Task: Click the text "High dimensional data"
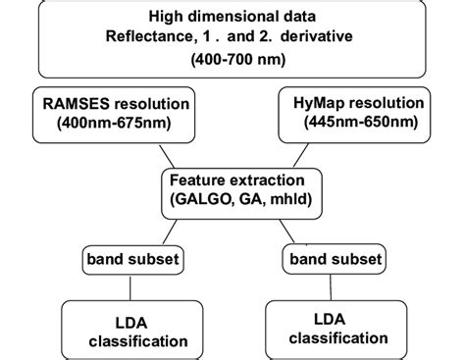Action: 232,17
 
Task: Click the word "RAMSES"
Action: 69,105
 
